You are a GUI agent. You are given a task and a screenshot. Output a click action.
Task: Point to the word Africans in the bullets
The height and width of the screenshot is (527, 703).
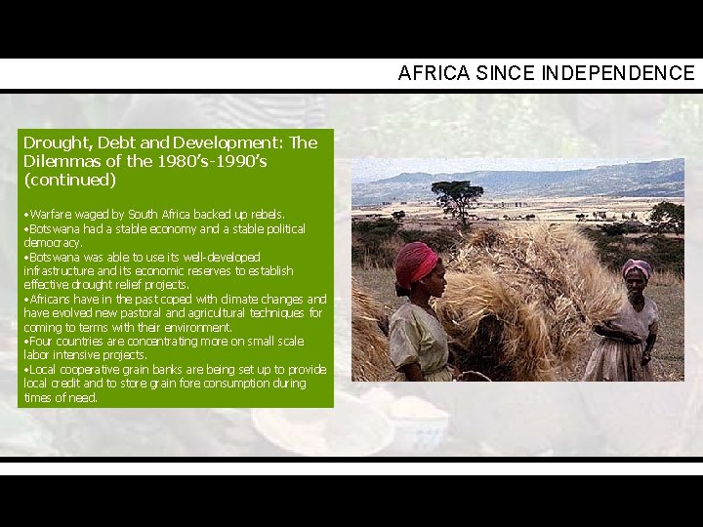click(51, 299)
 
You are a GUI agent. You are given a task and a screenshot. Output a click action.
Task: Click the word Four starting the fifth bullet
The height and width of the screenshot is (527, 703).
click(40, 342)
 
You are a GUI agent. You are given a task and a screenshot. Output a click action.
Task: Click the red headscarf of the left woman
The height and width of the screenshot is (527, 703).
click(418, 261)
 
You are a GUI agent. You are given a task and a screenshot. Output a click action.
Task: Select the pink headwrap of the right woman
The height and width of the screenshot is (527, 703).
click(637, 267)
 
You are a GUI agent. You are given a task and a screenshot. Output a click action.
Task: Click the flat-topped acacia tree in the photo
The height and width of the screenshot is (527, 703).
click(457, 191)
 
